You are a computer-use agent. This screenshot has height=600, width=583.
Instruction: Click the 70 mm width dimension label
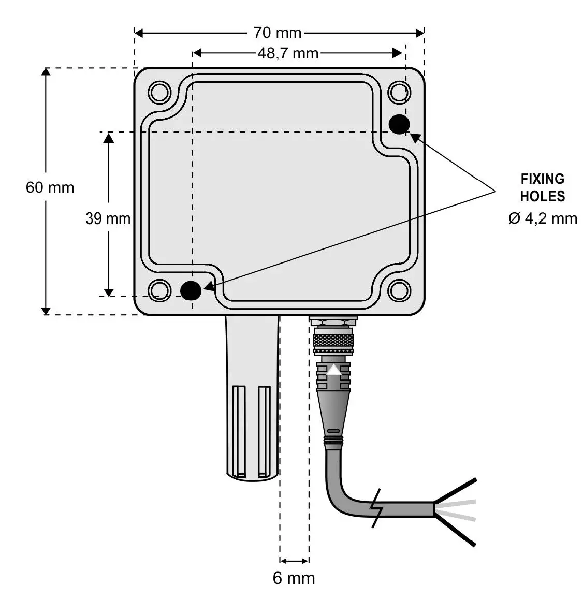pos(277,33)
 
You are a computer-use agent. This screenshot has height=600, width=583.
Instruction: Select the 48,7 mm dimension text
pos(288,53)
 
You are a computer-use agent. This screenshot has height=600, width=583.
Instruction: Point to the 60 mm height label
pos(50,187)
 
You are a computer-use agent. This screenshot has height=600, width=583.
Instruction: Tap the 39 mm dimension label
pos(108,219)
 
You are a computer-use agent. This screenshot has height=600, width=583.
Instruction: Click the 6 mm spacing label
pos(294,578)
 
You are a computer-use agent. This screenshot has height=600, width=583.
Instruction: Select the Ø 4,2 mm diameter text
pos(542,218)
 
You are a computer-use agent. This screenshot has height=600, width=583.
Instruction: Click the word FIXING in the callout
pos(542,179)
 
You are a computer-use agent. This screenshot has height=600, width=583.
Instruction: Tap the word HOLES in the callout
pos(542,197)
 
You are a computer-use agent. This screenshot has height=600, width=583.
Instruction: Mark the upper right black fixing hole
pos(399,124)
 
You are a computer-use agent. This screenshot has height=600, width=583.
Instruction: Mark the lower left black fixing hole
pos(191,290)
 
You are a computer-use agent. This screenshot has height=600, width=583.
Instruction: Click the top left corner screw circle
pos(159,93)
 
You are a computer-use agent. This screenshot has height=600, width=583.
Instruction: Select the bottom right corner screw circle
pos(399,290)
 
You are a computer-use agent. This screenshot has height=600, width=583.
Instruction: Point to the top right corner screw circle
pos(399,93)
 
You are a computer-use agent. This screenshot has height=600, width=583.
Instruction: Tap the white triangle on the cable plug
pos(334,370)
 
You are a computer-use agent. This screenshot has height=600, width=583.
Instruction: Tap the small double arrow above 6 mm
pos(294,560)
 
